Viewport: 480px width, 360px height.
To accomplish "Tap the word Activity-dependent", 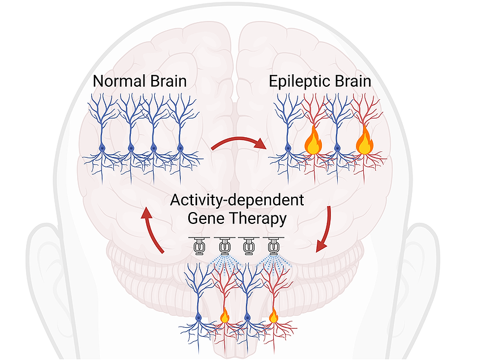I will pos(237,201).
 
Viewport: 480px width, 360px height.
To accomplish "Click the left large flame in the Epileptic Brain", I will pos(313,143).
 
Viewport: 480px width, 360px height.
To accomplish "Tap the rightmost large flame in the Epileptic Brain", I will pos(364,143).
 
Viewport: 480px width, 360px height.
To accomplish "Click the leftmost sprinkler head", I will pos(199,247).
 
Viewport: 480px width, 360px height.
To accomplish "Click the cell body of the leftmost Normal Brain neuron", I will pos(103,149).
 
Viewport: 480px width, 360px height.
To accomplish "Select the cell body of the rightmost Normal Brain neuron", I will pos(180,149).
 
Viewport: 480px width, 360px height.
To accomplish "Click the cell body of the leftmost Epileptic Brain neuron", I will pos(287,149).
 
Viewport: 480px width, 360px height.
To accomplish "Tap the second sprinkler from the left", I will pos(224,247).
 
